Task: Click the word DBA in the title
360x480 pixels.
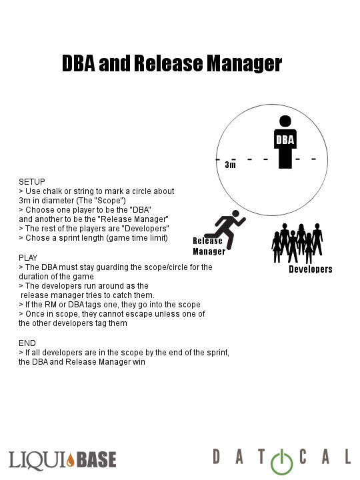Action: pos(79,63)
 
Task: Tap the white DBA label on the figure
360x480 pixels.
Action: pos(285,140)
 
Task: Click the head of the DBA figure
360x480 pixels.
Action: pos(285,121)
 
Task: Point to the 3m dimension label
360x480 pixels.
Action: pos(230,165)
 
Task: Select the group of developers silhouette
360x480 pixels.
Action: pos(297,243)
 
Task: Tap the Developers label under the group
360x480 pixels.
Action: pos(311,269)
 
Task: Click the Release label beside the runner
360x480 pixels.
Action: pos(207,241)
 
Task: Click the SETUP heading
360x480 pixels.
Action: pos(32,182)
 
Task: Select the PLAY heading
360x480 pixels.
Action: pos(28,258)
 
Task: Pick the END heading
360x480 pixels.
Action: pos(27,343)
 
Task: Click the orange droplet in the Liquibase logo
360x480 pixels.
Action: pos(71,459)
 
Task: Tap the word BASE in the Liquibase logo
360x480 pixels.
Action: pos(96,459)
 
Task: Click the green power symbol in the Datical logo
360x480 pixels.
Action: pos(281,462)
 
